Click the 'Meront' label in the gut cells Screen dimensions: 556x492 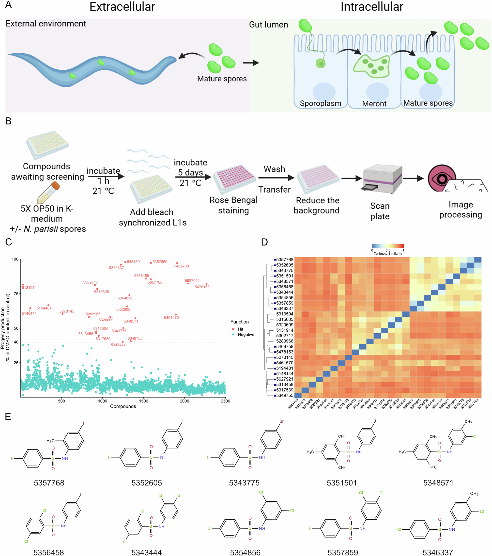pos(374,104)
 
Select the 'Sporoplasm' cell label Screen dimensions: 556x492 pos(320,103)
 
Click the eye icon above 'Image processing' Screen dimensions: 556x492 pos(442,178)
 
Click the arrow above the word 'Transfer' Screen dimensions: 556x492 pos(276,178)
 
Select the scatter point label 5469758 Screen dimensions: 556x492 pos(181,266)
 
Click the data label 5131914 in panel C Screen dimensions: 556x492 pos(29,288)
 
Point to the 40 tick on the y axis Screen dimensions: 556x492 pos(16,342)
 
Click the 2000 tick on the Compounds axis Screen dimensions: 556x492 pos(184,401)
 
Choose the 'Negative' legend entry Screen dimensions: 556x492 pos(246,335)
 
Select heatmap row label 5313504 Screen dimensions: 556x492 pos(284,314)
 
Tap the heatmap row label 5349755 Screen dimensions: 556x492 pos(284,395)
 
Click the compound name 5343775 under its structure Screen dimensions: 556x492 pos(244,483)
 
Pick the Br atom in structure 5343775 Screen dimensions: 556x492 pos(281,421)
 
